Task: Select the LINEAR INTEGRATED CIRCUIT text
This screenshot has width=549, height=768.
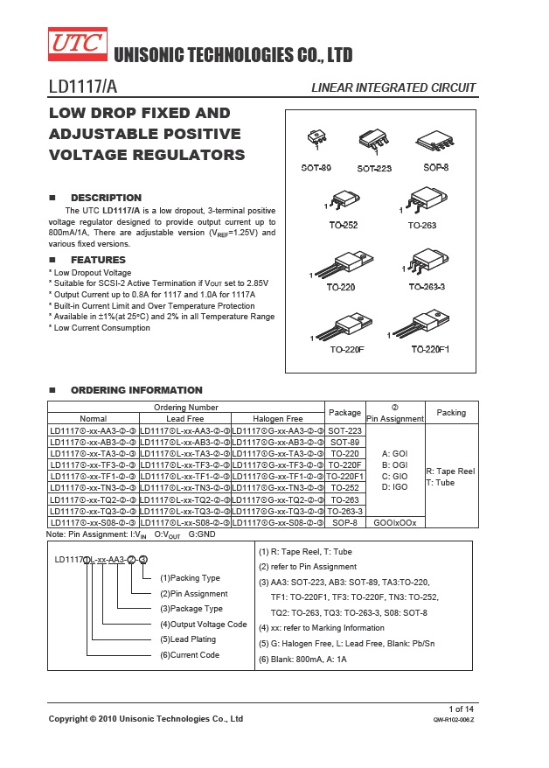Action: pyautogui.click(x=393, y=87)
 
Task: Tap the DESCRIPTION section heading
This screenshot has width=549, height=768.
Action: pyautogui.click(x=106, y=198)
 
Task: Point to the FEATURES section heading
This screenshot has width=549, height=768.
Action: pyautogui.click(x=98, y=260)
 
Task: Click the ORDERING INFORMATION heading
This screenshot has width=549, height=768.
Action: pyautogui.click(x=136, y=390)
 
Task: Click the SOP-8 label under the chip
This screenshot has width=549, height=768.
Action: pyautogui.click(x=435, y=167)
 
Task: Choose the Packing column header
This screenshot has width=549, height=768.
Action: pyautogui.click(x=451, y=412)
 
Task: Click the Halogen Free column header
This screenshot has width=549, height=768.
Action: pyautogui.click(x=277, y=418)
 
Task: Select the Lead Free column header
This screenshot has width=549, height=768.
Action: pyautogui.click(x=184, y=418)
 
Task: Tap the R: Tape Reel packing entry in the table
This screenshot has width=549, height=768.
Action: pyautogui.click(x=450, y=471)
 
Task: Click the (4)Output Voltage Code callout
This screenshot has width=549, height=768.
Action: pyautogui.click(x=203, y=624)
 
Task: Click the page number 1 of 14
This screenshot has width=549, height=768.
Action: pyautogui.click(x=462, y=708)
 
